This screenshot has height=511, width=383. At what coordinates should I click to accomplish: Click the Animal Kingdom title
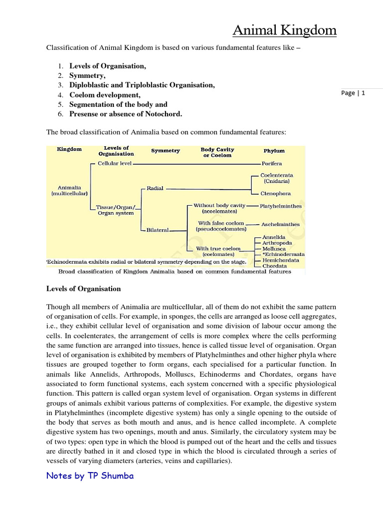point(284,31)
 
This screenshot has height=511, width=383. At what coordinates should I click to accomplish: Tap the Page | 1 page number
point(353,93)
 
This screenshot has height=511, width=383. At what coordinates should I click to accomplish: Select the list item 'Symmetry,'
point(87,75)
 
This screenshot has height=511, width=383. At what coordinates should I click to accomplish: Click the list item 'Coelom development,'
point(105,95)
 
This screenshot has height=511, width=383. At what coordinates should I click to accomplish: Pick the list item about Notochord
point(126,114)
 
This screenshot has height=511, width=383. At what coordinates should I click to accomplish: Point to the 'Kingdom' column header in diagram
point(69,149)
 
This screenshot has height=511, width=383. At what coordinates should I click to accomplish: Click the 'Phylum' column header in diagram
point(274,151)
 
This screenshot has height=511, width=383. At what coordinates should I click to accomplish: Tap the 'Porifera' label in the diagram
point(271,163)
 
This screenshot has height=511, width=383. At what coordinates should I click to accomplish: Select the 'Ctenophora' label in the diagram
point(275,193)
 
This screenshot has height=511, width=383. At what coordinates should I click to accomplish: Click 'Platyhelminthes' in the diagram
point(280,206)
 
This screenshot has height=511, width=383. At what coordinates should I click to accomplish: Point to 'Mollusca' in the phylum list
point(274,248)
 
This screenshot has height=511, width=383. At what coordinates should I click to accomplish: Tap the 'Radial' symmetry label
point(155,189)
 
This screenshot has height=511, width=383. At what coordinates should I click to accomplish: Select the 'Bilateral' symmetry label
point(158,230)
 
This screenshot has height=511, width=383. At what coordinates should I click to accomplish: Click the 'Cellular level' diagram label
point(115,163)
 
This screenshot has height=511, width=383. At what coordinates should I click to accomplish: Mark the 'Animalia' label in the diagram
point(69,188)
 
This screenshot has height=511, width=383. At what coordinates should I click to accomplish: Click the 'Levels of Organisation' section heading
point(84,288)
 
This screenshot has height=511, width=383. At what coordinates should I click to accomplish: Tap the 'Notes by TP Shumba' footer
point(90,476)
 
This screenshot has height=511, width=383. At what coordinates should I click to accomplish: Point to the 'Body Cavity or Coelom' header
point(217,152)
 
